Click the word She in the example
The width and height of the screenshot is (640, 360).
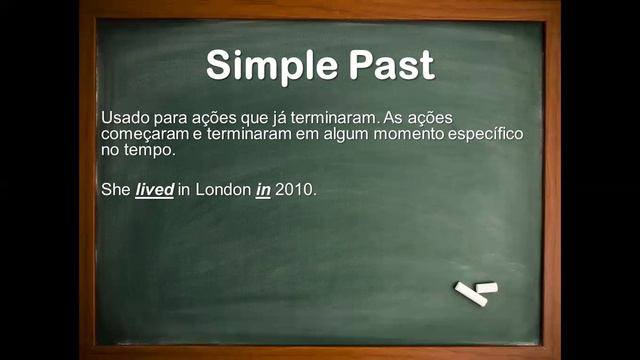[116, 189]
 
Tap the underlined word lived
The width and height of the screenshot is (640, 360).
[155, 189]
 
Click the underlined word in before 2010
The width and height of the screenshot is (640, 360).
[263, 189]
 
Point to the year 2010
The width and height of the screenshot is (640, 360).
[296, 189]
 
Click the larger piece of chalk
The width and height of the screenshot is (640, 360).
[470, 294]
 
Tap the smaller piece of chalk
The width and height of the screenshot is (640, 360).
[487, 287]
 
